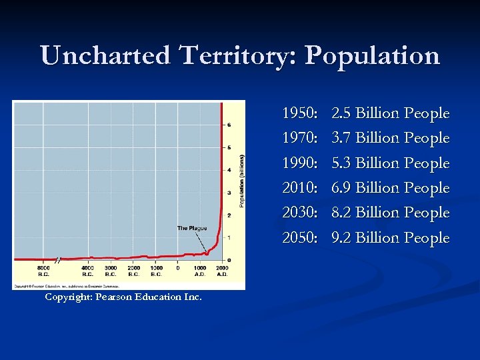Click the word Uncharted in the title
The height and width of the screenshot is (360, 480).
107,55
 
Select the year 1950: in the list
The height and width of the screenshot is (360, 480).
300,113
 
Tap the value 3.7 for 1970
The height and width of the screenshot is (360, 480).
341,138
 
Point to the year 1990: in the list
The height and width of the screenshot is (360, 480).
300,163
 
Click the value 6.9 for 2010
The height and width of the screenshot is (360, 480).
341,188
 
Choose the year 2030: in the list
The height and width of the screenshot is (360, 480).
300,213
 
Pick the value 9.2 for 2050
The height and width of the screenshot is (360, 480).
341,238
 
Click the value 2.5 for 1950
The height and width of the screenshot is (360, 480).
341,113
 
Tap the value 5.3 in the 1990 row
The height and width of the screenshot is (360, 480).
341,163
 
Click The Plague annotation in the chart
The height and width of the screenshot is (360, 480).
192,228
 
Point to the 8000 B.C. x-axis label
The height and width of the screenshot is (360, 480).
43,271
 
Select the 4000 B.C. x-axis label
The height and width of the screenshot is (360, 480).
87,271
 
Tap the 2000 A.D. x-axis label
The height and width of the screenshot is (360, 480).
222,271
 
